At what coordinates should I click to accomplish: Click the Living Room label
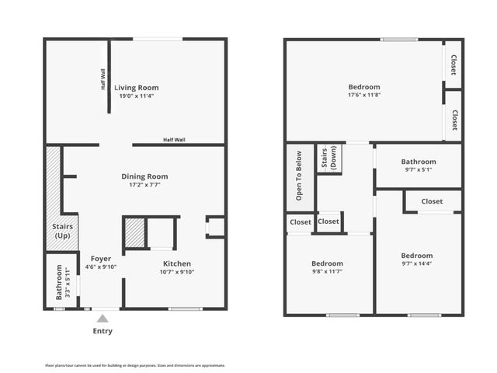pos(137,88)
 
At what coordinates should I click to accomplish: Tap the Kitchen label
pos(177,263)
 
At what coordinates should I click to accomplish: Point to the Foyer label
pos(101,259)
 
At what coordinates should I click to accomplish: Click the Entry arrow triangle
pos(102,318)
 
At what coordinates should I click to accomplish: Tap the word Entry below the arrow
pos(103,331)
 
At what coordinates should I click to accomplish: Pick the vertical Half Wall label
pos(103,80)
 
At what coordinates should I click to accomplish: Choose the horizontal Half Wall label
pos(174,140)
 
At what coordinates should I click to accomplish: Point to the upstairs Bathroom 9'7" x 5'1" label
pos(418,165)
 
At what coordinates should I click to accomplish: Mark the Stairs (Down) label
pos(328,159)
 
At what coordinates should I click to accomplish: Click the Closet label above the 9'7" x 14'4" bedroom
pos(432,201)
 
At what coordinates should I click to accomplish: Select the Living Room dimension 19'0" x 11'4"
pos(137,96)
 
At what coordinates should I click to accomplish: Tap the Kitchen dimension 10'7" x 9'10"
pos(177,272)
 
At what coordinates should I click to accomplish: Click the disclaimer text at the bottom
pos(135,364)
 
